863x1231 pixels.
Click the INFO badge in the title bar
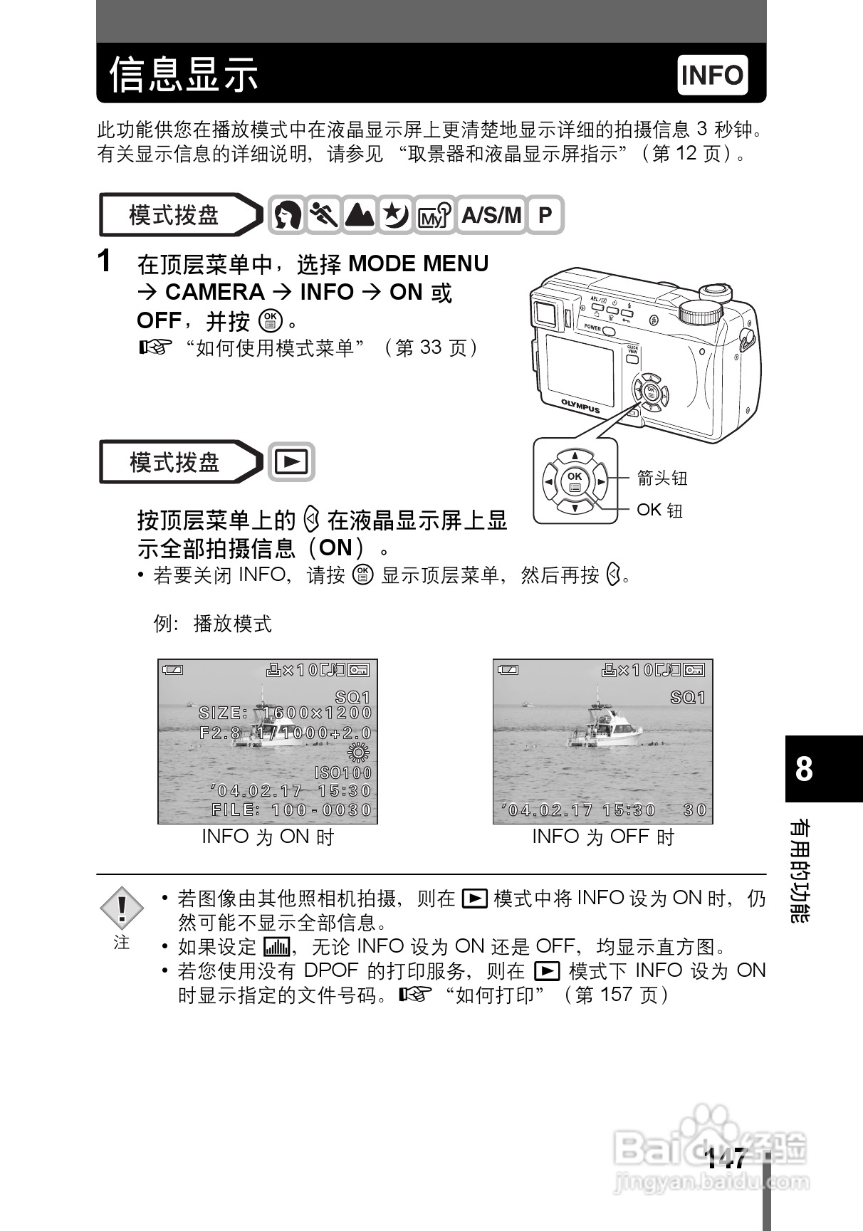(712, 75)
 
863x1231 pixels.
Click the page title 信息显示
(184, 74)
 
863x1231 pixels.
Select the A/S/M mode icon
(491, 215)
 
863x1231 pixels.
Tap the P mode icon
(545, 215)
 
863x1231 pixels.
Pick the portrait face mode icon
(288, 215)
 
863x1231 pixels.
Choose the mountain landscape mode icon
(360, 215)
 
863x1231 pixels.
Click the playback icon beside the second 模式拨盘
(291, 462)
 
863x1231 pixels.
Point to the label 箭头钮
(662, 478)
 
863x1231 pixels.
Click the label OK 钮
(659, 510)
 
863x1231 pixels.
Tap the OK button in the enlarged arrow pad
(575, 481)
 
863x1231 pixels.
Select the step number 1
(105, 261)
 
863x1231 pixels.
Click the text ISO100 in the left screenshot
(343, 772)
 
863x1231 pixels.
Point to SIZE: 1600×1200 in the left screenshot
(286, 713)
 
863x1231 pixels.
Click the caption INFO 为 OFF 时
(603, 837)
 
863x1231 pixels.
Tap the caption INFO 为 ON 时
(268, 837)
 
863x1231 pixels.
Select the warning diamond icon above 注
(122, 908)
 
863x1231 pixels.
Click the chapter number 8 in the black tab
(804, 770)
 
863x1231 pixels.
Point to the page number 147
(726, 1158)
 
